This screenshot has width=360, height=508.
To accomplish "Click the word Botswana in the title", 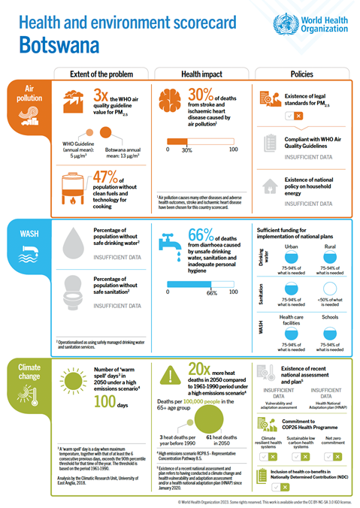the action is [56, 44].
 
